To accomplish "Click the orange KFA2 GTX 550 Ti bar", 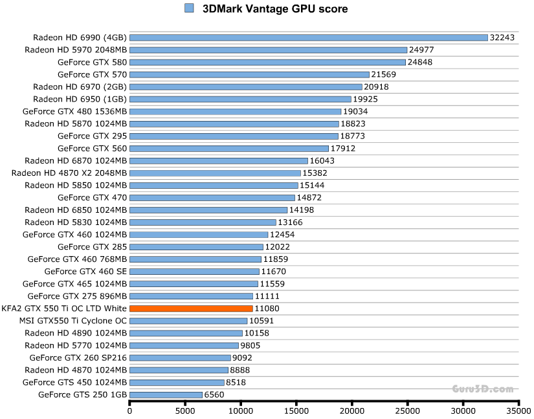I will pos(191,308).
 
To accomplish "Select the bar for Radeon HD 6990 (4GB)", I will pos(308,38).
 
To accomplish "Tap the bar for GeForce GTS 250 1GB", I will pos(166,394).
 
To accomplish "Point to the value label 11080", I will pos(267,308).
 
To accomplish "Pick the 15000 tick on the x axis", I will pos(296,410).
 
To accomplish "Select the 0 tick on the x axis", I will pos(129,410).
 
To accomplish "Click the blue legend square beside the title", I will pos(189,8).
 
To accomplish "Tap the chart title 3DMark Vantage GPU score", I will pos(275,9).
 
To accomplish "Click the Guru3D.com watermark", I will pos(483,389).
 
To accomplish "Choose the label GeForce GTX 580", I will pos(92,62).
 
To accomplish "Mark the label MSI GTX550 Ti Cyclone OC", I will pos(72,321).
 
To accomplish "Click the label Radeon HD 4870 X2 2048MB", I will pos(69,173).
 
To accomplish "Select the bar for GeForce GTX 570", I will pos(249,74).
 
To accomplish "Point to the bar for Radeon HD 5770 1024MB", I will pos(184,345).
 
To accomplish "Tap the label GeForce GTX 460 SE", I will pos(85,272).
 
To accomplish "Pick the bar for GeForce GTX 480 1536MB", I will pos(235,111).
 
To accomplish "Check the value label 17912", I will pos(343,148).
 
